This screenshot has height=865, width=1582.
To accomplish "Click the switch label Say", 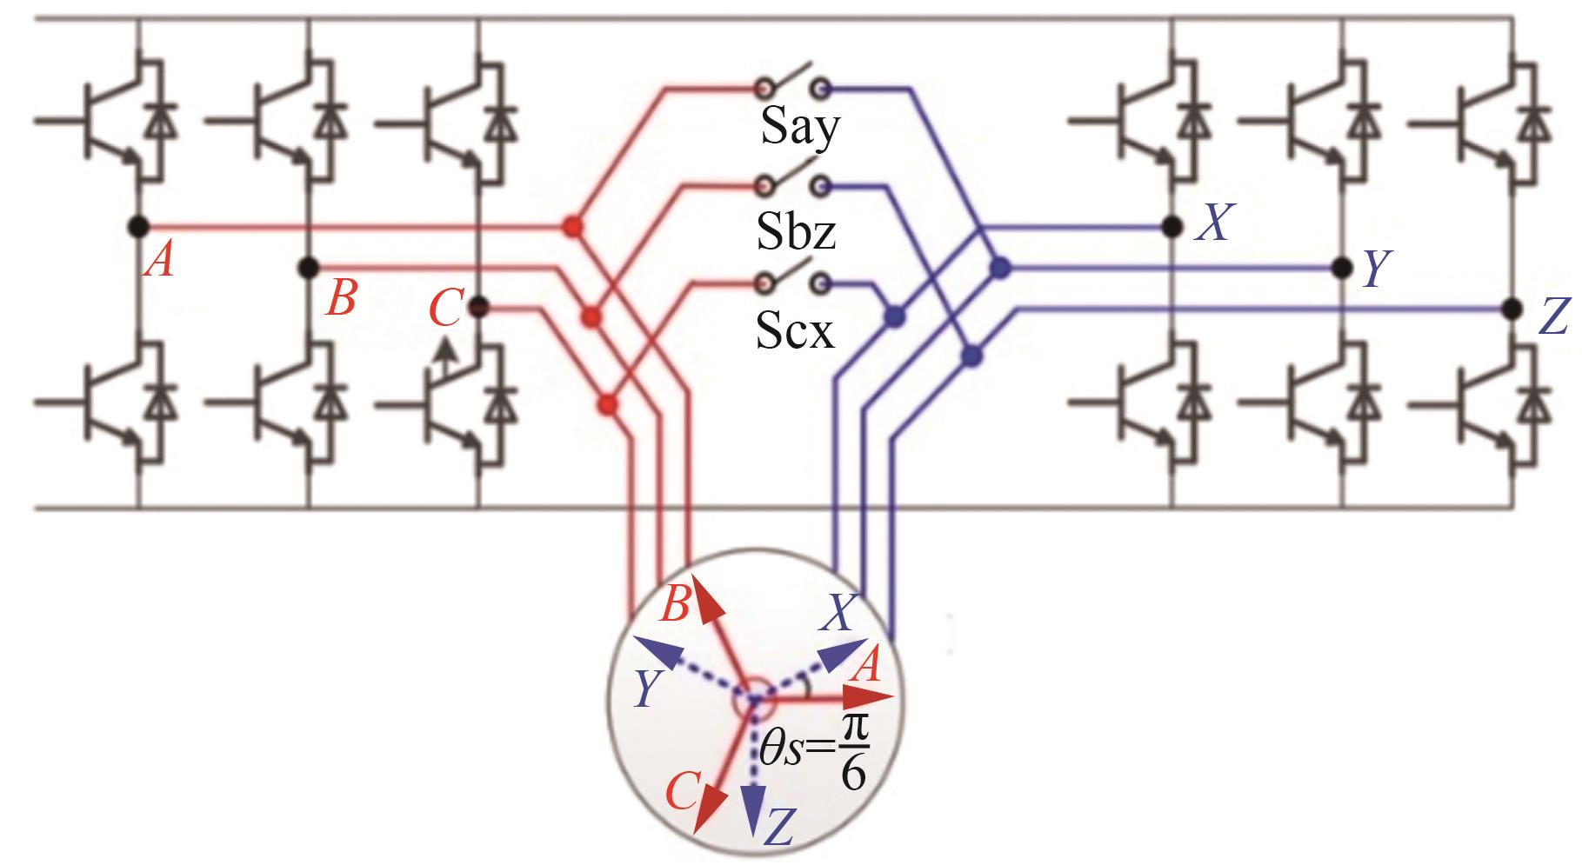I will [799, 129].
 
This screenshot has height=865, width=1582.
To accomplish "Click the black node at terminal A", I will [137, 227].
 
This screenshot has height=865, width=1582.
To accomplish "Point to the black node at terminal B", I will [308, 268].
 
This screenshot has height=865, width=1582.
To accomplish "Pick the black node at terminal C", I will [477, 307].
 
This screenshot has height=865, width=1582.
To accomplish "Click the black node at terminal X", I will [1172, 227].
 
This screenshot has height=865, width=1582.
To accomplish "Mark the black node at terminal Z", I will [1512, 308].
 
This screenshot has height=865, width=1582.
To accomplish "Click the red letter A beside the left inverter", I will [159, 259].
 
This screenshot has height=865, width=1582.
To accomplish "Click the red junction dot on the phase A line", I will [571, 228].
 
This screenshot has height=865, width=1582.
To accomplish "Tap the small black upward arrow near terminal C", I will [445, 352].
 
